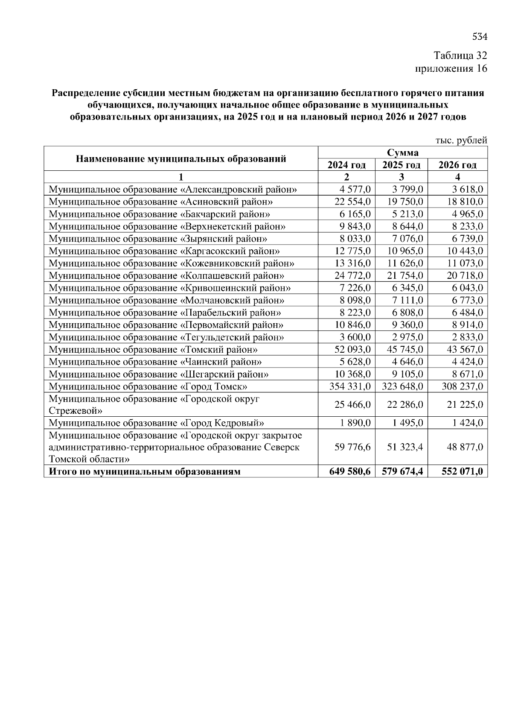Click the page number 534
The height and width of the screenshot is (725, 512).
pyautogui.click(x=480, y=37)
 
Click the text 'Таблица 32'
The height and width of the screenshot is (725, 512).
pyautogui.click(x=460, y=56)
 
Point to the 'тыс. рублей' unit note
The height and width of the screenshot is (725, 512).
pyautogui.click(x=461, y=140)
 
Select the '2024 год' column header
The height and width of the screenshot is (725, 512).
pyautogui.click(x=346, y=165)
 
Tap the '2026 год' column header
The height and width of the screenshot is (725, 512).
pyautogui.click(x=457, y=165)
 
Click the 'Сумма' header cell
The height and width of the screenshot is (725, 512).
pyautogui.click(x=402, y=153)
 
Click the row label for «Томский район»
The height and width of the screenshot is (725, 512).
pyautogui.click(x=153, y=350)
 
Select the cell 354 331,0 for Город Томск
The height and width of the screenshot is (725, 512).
pyautogui.click(x=350, y=386)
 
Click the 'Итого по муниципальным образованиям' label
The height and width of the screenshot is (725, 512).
pyautogui.click(x=145, y=471)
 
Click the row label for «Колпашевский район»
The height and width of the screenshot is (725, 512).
pyautogui.click(x=166, y=276)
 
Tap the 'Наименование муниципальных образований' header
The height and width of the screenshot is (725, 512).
pyautogui.click(x=181, y=159)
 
